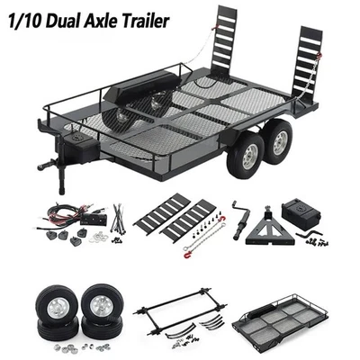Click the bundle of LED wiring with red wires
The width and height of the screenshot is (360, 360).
click(x=63, y=219)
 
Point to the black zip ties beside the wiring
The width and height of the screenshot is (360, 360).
click(x=118, y=220)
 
